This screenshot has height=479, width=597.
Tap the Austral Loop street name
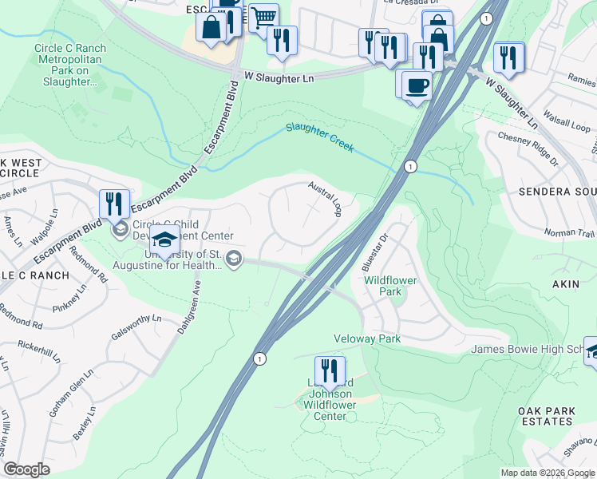327,199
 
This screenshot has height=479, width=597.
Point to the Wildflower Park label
382,287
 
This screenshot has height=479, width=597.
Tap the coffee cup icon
416,84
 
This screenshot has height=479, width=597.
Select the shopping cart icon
263,16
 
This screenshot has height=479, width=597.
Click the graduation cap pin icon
164,239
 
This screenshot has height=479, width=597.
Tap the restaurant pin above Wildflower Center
329,370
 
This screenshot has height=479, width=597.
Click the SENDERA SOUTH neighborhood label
558,192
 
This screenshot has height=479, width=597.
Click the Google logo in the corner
27,469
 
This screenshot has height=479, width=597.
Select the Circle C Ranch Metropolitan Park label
70,65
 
